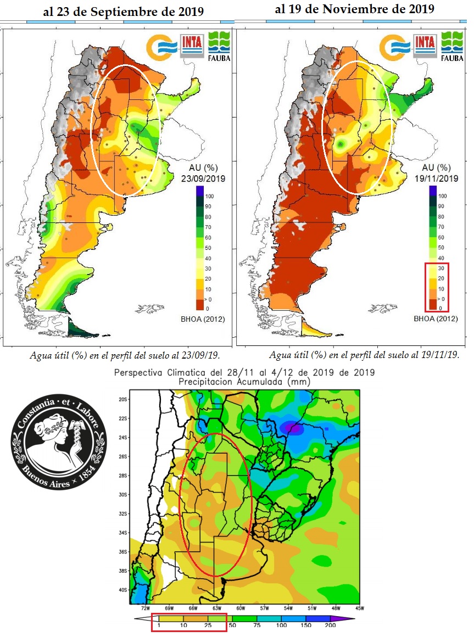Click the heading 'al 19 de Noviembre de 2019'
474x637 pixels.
354,9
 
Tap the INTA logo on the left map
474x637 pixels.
192,46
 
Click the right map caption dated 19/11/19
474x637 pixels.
364,355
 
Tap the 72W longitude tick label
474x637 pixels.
146,608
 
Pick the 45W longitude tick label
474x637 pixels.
359,608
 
